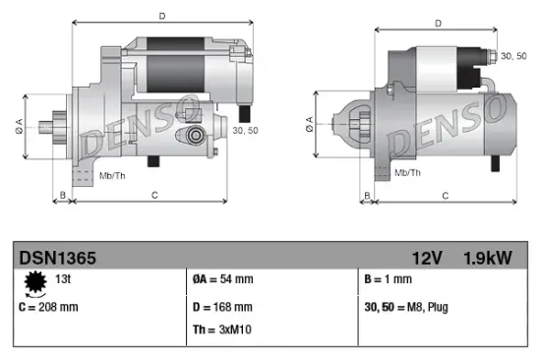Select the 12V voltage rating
[428, 258]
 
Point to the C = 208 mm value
[48, 306]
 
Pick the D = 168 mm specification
[222, 306]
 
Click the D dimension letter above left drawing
[162, 15]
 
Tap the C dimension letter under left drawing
[154, 196]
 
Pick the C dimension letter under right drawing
[445, 196]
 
